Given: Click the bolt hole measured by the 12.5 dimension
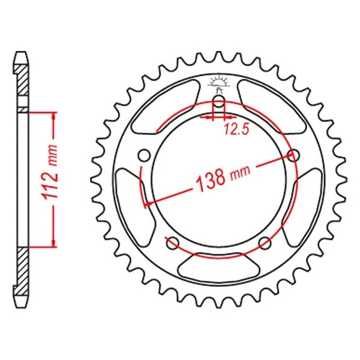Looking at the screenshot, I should point(219,100).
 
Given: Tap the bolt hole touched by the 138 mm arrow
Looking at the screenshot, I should point(293,156).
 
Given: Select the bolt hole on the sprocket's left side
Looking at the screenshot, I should point(143,156).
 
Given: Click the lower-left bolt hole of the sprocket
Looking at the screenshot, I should point(172,243).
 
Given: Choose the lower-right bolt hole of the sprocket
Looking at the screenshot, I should point(265,243).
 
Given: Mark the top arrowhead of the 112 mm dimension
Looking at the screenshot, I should point(54,116).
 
